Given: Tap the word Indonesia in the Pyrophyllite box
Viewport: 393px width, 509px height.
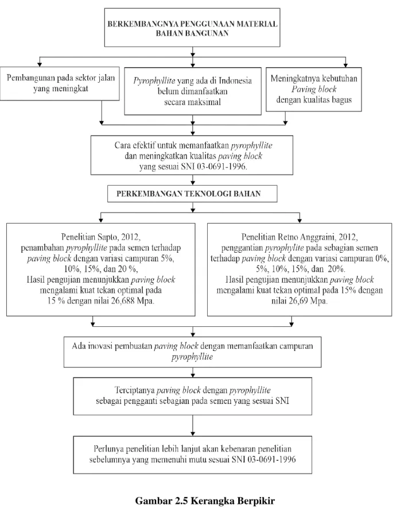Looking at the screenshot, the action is pos(235,80).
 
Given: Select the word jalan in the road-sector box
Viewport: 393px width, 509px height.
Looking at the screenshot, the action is pos(106,78).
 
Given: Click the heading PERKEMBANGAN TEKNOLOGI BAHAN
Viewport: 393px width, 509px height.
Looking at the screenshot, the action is pos(189,194).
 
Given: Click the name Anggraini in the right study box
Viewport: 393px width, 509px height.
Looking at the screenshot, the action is pos(318,237).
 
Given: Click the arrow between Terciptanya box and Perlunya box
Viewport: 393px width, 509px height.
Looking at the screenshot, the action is pos(193,425).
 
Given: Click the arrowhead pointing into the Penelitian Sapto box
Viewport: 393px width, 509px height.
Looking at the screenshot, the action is pos(101,221).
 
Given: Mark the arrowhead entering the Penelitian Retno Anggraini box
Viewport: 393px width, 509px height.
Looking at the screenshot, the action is pos(299,221).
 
